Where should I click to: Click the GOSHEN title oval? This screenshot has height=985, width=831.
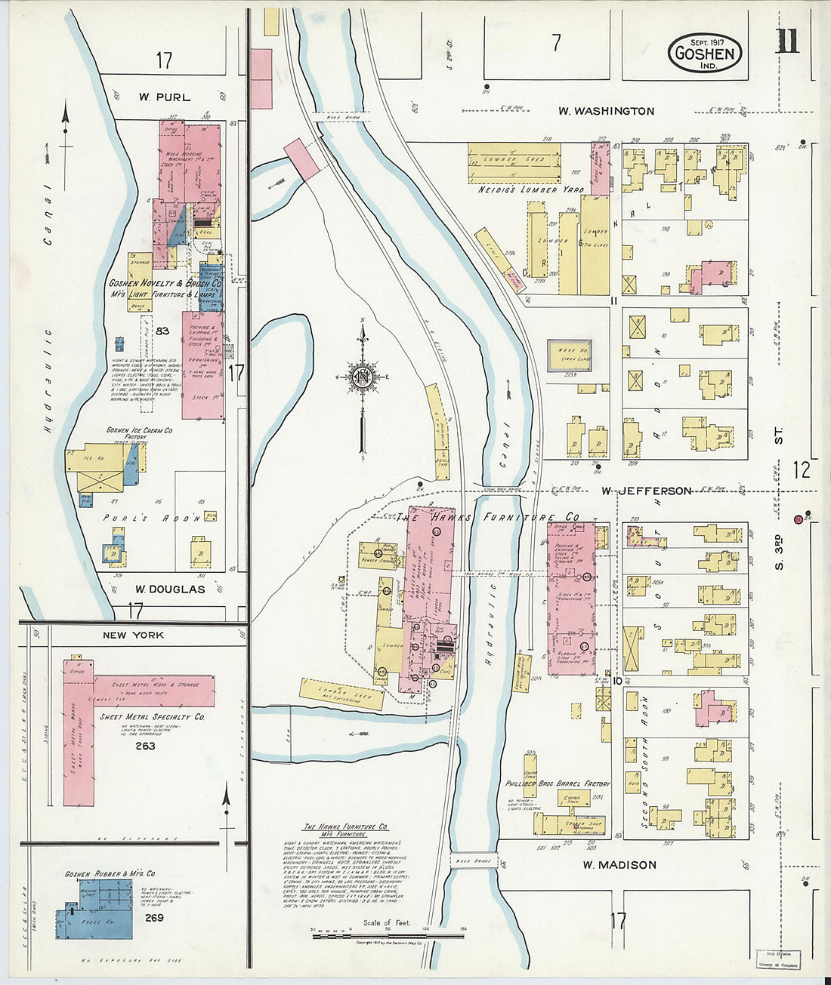(x=704, y=53)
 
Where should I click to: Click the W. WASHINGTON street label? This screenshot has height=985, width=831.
(x=606, y=111)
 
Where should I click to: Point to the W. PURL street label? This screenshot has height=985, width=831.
(x=164, y=97)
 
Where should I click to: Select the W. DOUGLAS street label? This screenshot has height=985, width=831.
(x=170, y=589)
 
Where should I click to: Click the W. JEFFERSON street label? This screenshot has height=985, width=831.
(x=646, y=491)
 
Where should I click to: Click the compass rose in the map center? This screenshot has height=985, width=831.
(x=363, y=376)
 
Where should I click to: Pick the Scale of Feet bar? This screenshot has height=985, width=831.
(x=388, y=936)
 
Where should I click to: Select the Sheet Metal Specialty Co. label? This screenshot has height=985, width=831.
(x=157, y=716)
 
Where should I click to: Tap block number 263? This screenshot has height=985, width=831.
(x=145, y=746)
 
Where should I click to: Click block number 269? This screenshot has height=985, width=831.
(x=154, y=918)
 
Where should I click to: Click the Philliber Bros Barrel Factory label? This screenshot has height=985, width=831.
(x=558, y=784)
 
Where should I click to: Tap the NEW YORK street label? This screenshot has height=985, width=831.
(x=133, y=636)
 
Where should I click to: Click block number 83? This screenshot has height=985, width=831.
(x=162, y=331)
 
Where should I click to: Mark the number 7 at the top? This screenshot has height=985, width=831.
(x=556, y=44)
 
